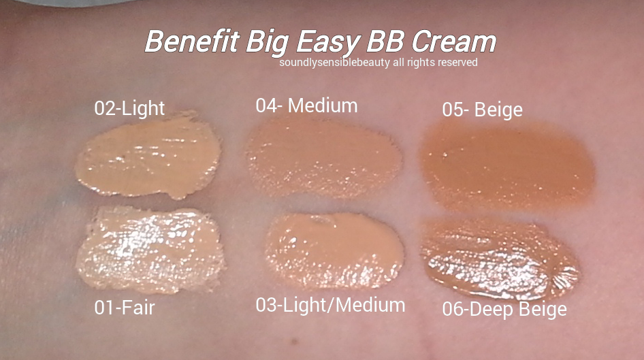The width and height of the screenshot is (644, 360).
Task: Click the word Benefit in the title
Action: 192,42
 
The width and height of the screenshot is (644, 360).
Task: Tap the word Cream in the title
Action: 454,42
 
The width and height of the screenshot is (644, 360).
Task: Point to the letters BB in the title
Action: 386,42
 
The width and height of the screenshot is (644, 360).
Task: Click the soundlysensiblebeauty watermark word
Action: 334,63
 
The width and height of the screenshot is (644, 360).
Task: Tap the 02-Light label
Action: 129,108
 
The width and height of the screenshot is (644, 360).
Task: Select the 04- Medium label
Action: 306,105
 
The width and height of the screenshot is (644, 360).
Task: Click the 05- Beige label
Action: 482,110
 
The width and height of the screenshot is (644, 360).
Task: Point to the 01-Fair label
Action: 125,308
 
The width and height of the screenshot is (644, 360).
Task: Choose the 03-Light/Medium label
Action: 330,305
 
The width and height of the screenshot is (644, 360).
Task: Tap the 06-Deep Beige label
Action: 504,309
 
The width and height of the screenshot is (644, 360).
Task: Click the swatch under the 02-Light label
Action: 148,156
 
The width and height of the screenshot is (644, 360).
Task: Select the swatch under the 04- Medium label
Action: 323,159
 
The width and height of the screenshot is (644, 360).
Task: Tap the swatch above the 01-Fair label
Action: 150,250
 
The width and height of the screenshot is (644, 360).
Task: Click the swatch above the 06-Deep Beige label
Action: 500,259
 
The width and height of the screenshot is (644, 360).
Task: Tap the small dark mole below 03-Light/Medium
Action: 294,341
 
